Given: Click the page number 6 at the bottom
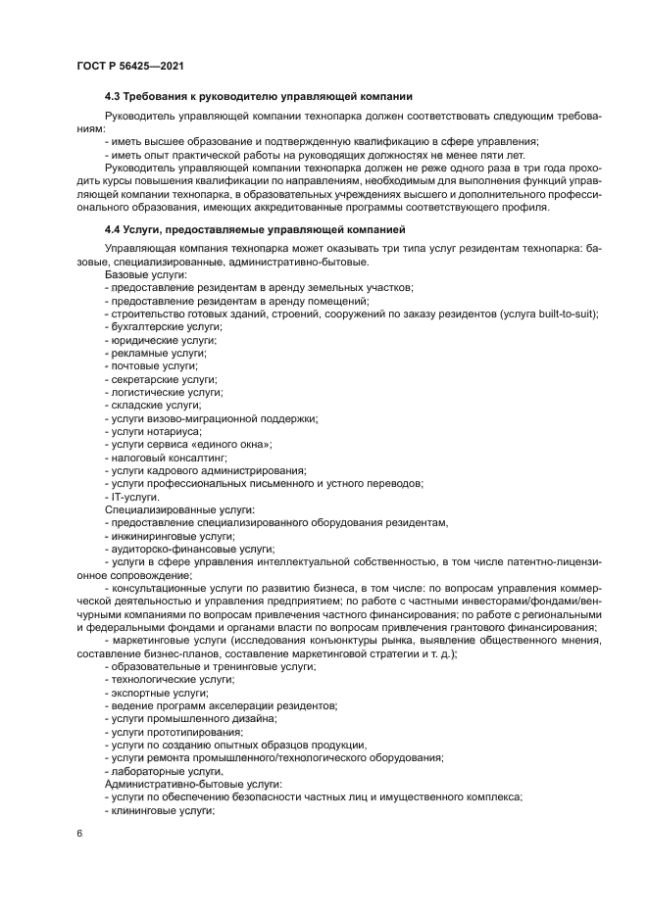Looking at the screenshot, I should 78,833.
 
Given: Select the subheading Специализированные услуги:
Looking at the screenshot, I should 179,509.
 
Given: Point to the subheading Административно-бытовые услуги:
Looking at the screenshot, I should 192,784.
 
